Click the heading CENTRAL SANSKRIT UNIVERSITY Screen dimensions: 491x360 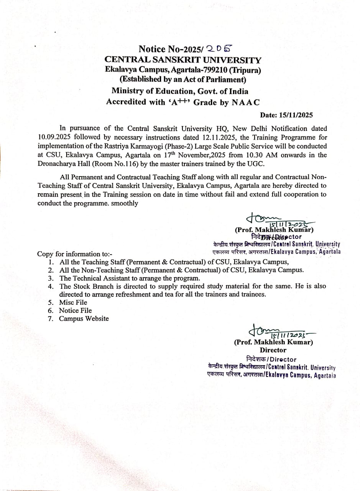coord(183,60)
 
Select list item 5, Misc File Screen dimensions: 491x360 coord(73,302)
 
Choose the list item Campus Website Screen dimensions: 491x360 coord(84,318)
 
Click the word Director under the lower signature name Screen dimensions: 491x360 coord(273,350)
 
